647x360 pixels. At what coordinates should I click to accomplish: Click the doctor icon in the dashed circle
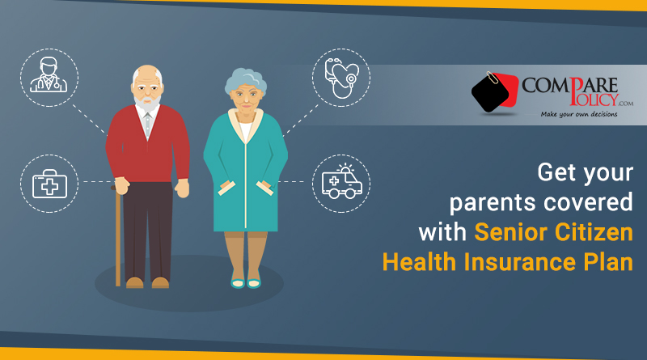pos(49,74)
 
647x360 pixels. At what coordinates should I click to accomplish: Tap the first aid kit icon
pos(49,184)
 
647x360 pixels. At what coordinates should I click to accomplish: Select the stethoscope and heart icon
pos(341,78)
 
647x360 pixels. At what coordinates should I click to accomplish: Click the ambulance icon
pos(341,182)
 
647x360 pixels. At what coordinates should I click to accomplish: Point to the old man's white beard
pos(147,104)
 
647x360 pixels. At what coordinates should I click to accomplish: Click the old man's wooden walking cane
pos(117,235)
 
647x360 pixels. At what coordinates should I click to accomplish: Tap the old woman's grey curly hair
pos(246,81)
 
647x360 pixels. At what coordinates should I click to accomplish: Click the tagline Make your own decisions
pos(579,114)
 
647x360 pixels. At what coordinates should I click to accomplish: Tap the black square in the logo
pos(491,94)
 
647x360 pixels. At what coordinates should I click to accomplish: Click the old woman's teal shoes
pos(246,283)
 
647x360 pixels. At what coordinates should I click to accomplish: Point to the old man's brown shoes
pos(147,283)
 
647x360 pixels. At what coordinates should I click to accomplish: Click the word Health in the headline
pos(419,262)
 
